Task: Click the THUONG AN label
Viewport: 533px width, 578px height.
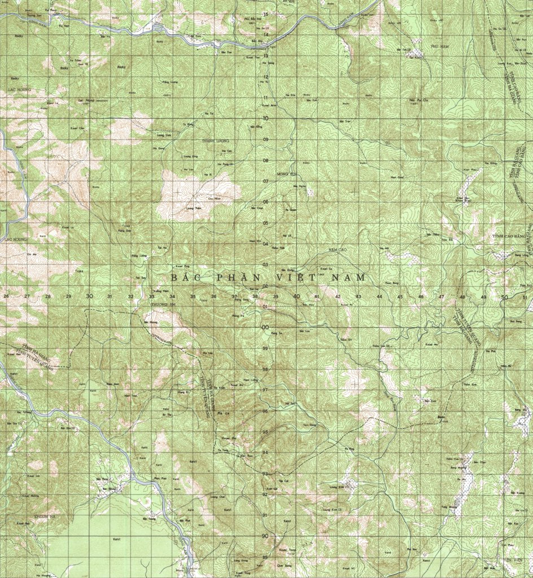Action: tap(154, 302)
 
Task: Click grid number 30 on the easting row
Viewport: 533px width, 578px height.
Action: tap(89, 296)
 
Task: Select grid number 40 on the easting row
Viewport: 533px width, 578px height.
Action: tap(296, 296)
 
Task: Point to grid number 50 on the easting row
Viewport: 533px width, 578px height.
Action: tap(504, 297)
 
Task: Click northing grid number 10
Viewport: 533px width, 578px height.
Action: tap(265, 119)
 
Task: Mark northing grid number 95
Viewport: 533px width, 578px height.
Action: tap(265, 432)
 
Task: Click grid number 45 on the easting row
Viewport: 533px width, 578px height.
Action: tap(400, 297)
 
